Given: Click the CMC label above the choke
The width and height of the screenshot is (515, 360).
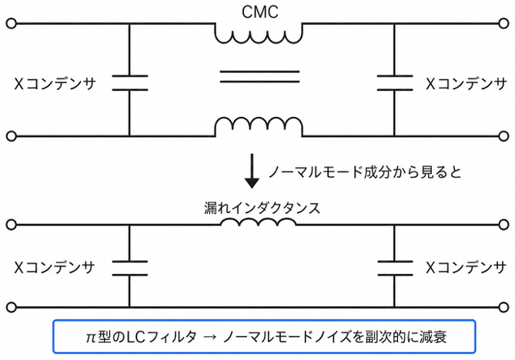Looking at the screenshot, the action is pos(259,12).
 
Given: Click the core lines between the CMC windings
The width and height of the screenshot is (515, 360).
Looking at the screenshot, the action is pos(259,76).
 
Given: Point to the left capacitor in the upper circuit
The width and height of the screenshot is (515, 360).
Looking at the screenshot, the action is pos(130,82).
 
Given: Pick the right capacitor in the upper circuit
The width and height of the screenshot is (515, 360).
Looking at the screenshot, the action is pos(394,82).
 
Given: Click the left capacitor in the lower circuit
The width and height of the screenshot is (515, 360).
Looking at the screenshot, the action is pos(130,268).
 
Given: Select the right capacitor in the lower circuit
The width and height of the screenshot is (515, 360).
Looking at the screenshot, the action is pos(395,268).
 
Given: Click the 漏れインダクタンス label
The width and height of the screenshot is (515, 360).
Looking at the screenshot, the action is pos(262,208).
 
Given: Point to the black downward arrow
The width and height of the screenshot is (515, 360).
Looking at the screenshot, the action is pos(252,171).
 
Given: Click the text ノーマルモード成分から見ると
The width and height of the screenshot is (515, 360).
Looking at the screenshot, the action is pos(365,172).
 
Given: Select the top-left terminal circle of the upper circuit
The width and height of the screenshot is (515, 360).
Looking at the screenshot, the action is pos(12,24).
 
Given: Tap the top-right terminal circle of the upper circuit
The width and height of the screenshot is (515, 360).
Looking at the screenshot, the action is pos(503,24).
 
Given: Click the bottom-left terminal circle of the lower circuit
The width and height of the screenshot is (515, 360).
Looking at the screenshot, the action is pos(12,308).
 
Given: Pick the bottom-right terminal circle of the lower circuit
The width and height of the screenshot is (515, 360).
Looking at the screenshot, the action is pos(503,308).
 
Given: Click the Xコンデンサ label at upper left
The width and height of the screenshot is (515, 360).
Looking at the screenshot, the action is pos(55,84).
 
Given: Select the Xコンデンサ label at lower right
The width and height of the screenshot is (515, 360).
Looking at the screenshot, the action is pos(466,268).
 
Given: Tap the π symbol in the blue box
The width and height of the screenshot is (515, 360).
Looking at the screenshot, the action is pos(90,338).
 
